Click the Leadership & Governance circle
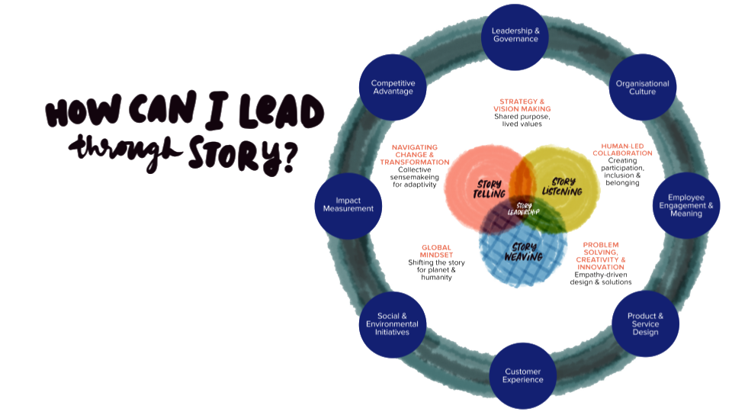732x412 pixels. click(515, 35)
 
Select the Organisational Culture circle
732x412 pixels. click(642, 88)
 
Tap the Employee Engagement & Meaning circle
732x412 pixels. click(685, 205)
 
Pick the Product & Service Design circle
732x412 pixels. click(645, 323)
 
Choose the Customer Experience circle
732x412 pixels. click(523, 375)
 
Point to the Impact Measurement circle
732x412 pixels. click(348, 205)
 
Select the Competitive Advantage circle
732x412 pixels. click(392, 87)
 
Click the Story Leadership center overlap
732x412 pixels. click(524, 208)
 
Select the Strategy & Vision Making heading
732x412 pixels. click(522, 105)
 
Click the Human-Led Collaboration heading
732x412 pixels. click(622, 149)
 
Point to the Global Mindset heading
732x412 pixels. click(436, 251)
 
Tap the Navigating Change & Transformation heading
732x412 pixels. click(415, 154)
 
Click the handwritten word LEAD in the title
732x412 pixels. click(281, 112)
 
